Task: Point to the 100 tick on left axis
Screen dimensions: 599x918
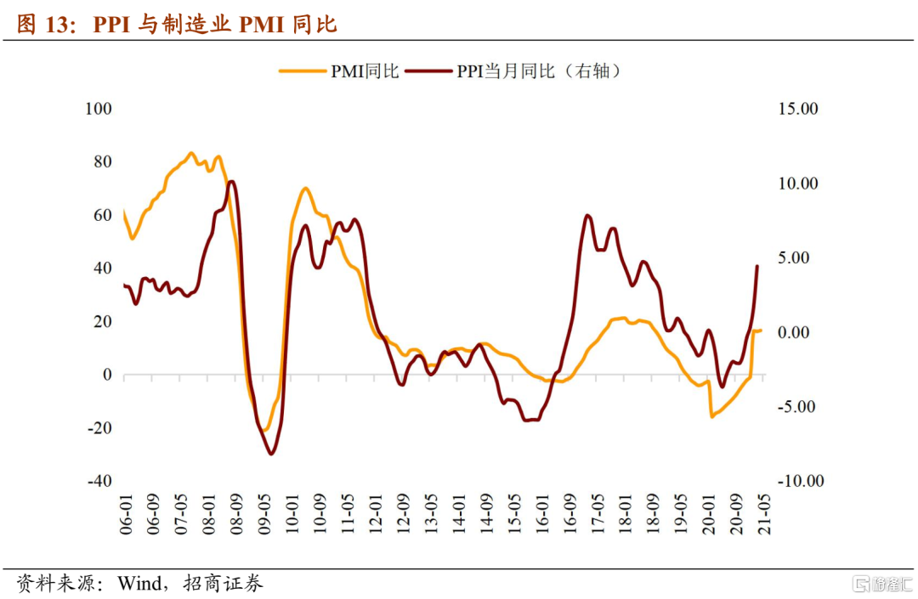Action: coord(99,110)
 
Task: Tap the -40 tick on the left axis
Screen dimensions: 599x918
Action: coord(99,481)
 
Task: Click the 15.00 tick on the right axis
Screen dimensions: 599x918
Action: coord(798,110)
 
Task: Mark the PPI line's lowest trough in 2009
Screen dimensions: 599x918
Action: coord(271,454)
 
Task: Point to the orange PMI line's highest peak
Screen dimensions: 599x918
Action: coord(190,153)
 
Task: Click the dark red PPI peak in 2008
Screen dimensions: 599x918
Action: coord(232,181)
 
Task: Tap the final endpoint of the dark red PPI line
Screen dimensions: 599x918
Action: coord(757,266)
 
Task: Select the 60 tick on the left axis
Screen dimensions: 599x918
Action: coord(101,216)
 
